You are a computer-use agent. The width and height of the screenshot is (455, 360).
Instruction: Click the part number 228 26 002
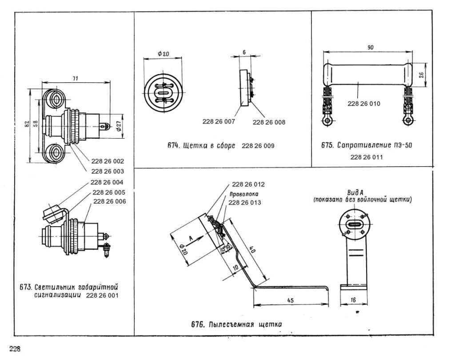tap(108, 161)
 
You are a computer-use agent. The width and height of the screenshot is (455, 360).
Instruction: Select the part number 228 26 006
tap(110, 201)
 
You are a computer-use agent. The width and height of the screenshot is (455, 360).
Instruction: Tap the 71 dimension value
tap(75, 79)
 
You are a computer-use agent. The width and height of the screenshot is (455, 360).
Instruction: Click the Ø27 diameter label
tap(119, 126)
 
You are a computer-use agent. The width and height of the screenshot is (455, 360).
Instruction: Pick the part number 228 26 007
tap(219, 122)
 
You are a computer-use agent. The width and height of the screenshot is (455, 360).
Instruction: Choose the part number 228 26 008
tap(269, 123)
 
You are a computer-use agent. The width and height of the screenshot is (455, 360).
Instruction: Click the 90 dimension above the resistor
tap(371, 47)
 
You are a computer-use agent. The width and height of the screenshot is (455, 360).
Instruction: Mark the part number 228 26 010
tap(364, 104)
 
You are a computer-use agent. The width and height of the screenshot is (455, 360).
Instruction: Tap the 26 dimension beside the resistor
tap(422, 75)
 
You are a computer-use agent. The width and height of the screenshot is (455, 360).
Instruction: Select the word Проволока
tap(244, 194)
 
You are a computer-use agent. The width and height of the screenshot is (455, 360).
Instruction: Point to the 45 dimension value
tap(291, 300)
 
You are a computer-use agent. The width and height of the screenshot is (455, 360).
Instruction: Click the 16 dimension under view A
tap(353, 300)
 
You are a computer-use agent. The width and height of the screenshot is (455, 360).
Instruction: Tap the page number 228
tap(15, 349)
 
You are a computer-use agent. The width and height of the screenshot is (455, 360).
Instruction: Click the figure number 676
tap(197, 324)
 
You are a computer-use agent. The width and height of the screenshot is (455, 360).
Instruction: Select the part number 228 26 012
tap(248, 184)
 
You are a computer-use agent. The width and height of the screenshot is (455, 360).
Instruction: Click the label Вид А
tap(355, 192)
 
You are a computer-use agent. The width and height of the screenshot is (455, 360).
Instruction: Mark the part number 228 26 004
tap(107, 183)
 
